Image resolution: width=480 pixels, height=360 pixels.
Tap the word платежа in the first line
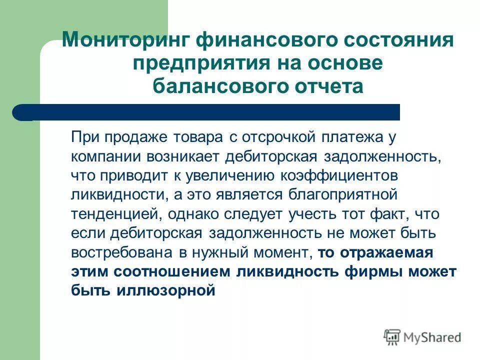point(349,136)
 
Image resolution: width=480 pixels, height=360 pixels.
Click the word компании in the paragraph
point(105,156)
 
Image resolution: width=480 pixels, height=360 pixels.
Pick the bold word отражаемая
point(386,252)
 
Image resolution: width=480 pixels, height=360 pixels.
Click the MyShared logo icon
point(392,337)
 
